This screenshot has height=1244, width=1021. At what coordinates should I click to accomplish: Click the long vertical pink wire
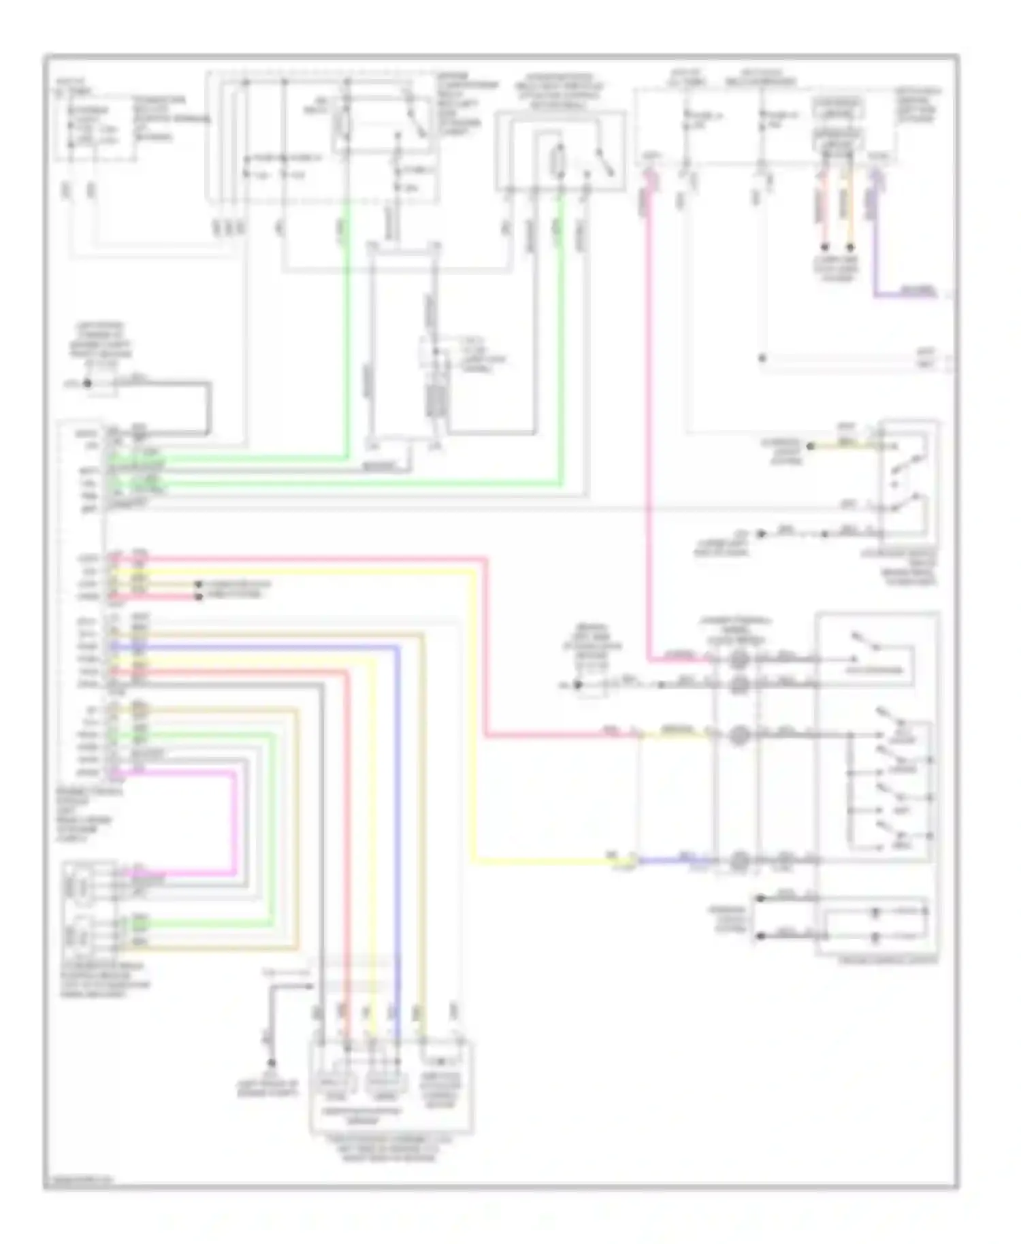pyautogui.click(x=649, y=422)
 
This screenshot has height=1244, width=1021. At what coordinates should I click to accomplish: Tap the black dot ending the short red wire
pyautogui.click(x=824, y=246)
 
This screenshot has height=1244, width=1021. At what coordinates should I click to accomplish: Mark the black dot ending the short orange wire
pyautogui.click(x=849, y=246)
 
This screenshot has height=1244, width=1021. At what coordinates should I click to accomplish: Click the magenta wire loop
pyautogui.click(x=235, y=823)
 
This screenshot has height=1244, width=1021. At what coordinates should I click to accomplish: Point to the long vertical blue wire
pyautogui.click(x=397, y=817)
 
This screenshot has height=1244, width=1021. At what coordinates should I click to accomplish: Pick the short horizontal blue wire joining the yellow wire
pyautogui.click(x=674, y=860)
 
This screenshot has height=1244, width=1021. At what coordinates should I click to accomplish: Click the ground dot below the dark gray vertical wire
pyautogui.click(x=271, y=1062)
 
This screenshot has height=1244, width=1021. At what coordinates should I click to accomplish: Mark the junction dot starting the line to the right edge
pyautogui.click(x=762, y=358)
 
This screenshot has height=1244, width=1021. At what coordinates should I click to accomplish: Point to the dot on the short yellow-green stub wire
pyautogui.click(x=810, y=446)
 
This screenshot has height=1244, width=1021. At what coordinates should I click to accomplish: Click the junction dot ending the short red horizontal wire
pyautogui.click(x=199, y=597)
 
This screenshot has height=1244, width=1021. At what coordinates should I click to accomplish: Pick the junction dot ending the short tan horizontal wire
pyautogui.click(x=199, y=585)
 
